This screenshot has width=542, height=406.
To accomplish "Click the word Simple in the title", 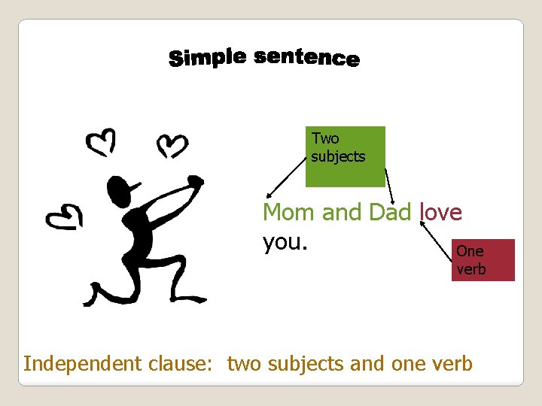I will coord(208,57).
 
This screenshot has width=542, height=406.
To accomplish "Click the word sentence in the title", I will coord(306,58).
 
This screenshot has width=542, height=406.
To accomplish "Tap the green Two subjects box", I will coord(346,156).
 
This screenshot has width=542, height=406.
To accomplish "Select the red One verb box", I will coord(483,259).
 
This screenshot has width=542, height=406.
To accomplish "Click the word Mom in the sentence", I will coord(289,213).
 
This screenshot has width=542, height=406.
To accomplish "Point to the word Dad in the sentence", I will coord(390,213).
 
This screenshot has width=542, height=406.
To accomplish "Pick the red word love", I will coord(440,213).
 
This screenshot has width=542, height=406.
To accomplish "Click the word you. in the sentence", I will coord(282,242).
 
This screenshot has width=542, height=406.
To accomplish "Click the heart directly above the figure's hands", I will coord(172,144).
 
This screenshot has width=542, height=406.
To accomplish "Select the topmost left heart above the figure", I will coord(100,141).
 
